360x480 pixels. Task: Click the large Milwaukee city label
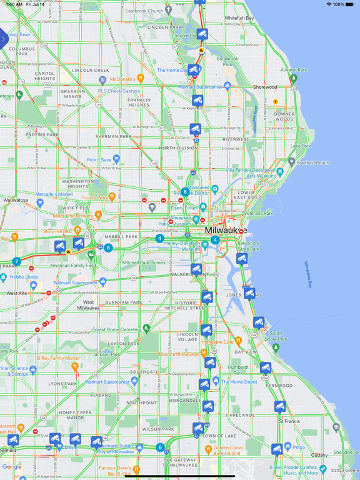click(x=221, y=230)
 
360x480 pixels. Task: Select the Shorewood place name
click(x=265, y=87)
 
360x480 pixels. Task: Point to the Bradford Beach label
click(x=312, y=162)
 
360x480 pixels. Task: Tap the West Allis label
click(x=17, y=293)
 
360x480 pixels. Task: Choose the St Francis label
click(x=289, y=421)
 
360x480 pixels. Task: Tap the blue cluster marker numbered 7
click(x=17, y=262)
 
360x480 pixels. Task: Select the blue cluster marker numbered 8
click(x=108, y=248)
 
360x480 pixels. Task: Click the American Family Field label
click(x=72, y=266)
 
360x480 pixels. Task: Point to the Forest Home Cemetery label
click(x=116, y=329)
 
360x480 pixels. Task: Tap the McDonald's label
click(x=122, y=79)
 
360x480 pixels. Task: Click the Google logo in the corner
click(x=12, y=467)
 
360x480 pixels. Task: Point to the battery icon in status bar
click(x=352, y=4)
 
